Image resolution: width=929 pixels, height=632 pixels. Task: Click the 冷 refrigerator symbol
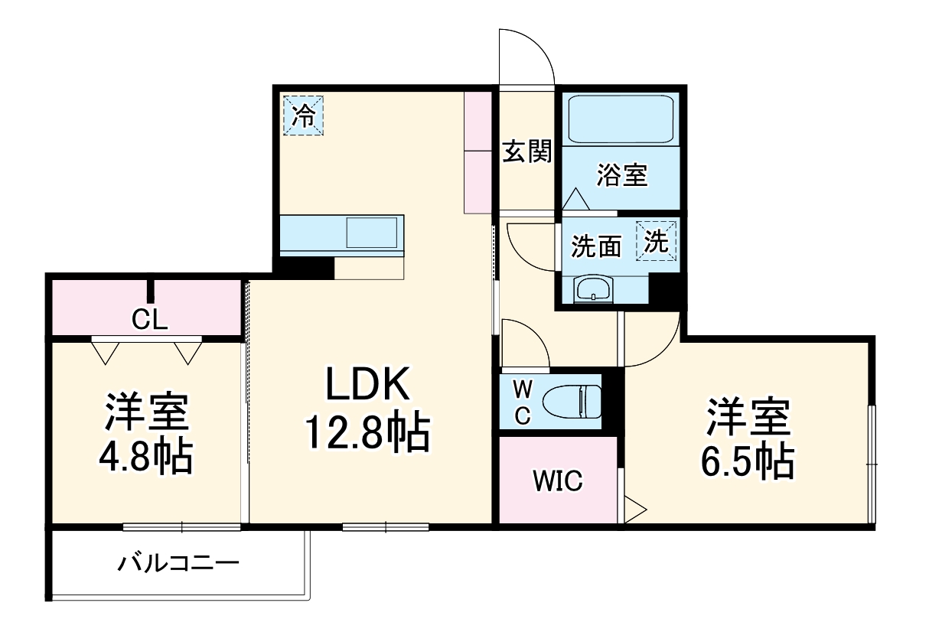pos(304,116)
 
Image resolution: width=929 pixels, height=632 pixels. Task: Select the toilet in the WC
pos(572,401)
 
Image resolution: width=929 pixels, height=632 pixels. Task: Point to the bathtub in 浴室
pos(621,119)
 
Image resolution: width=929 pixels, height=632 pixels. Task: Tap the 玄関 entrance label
pos(526,152)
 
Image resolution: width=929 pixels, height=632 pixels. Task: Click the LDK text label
pos(369,386)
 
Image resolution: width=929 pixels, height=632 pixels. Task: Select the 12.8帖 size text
pos(367,433)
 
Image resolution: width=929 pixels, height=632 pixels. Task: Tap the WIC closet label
pos(558,481)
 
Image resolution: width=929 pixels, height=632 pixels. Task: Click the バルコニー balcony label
pos(178,565)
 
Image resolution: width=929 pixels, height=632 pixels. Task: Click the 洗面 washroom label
pos(596,247)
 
